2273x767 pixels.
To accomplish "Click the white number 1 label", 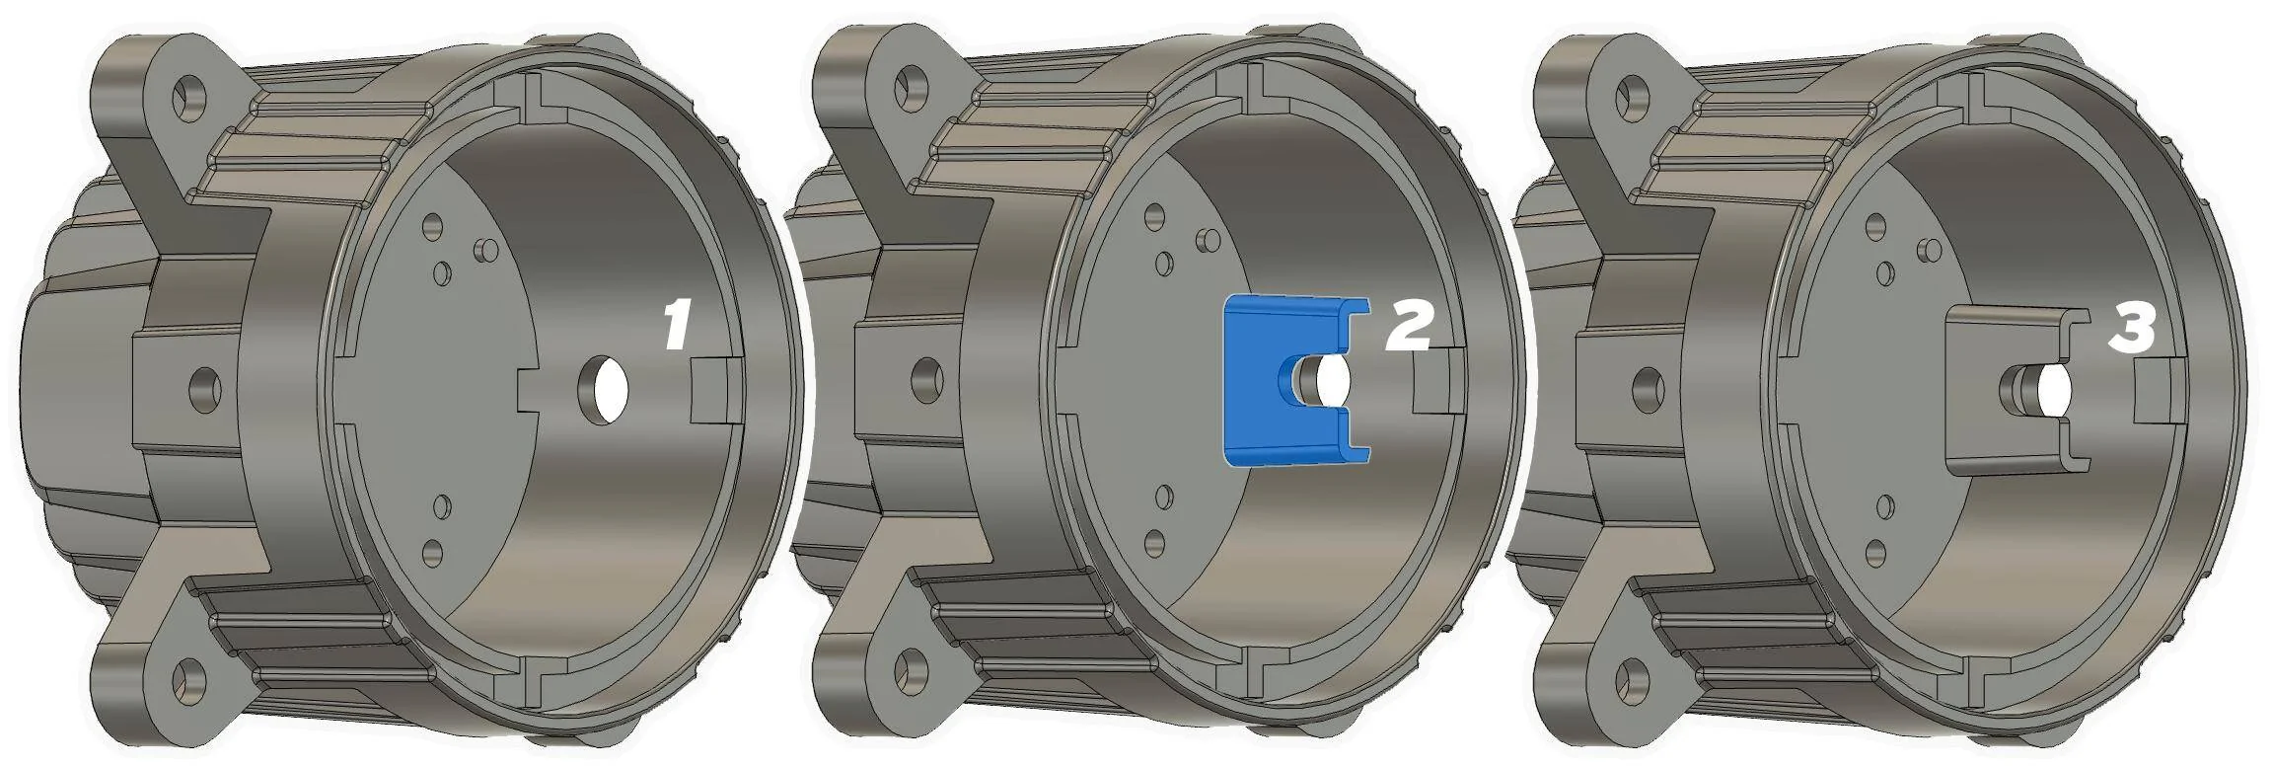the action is (678, 326).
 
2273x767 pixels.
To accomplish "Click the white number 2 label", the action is (1408, 326).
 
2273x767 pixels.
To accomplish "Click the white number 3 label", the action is (2132, 330).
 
